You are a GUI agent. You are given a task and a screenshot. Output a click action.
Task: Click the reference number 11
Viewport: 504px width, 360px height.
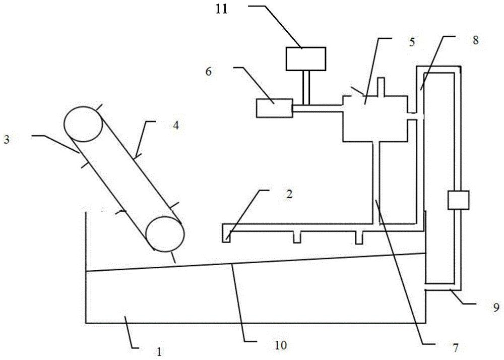[x=221, y=9]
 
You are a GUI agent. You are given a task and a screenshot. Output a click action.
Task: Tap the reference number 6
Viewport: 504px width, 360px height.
[x=209, y=72]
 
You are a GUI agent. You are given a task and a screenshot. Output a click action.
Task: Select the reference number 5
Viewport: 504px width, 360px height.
[x=412, y=42]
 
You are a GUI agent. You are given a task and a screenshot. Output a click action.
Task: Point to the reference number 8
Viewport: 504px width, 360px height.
[x=476, y=40]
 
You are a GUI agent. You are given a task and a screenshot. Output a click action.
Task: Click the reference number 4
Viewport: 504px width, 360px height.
[x=175, y=126]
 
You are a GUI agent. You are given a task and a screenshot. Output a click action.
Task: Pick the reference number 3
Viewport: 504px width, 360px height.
[x=7, y=140]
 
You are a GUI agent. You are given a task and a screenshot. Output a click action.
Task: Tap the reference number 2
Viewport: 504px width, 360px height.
[x=289, y=194]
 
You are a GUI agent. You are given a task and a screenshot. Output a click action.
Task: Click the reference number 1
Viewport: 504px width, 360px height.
[x=159, y=351]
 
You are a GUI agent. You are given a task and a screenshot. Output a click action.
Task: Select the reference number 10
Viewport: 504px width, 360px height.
[x=281, y=345]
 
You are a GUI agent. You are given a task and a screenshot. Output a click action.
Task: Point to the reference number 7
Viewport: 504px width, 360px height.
[x=455, y=347]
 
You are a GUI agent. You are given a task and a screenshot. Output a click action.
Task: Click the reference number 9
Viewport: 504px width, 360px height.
[x=496, y=308]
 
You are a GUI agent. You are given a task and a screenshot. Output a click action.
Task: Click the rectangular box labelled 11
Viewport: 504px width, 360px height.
[x=306, y=59]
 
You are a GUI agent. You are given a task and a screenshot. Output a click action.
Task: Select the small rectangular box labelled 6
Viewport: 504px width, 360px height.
[x=275, y=108]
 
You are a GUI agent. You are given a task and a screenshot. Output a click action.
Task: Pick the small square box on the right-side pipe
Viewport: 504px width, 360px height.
[x=458, y=200]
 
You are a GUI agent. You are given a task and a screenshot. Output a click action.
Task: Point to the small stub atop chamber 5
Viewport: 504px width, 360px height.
[x=381, y=86]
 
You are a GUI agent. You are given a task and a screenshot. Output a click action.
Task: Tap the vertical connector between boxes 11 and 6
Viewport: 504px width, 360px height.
[x=306, y=87]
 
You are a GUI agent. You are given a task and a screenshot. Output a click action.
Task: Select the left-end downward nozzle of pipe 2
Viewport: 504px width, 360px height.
[x=226, y=236]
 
